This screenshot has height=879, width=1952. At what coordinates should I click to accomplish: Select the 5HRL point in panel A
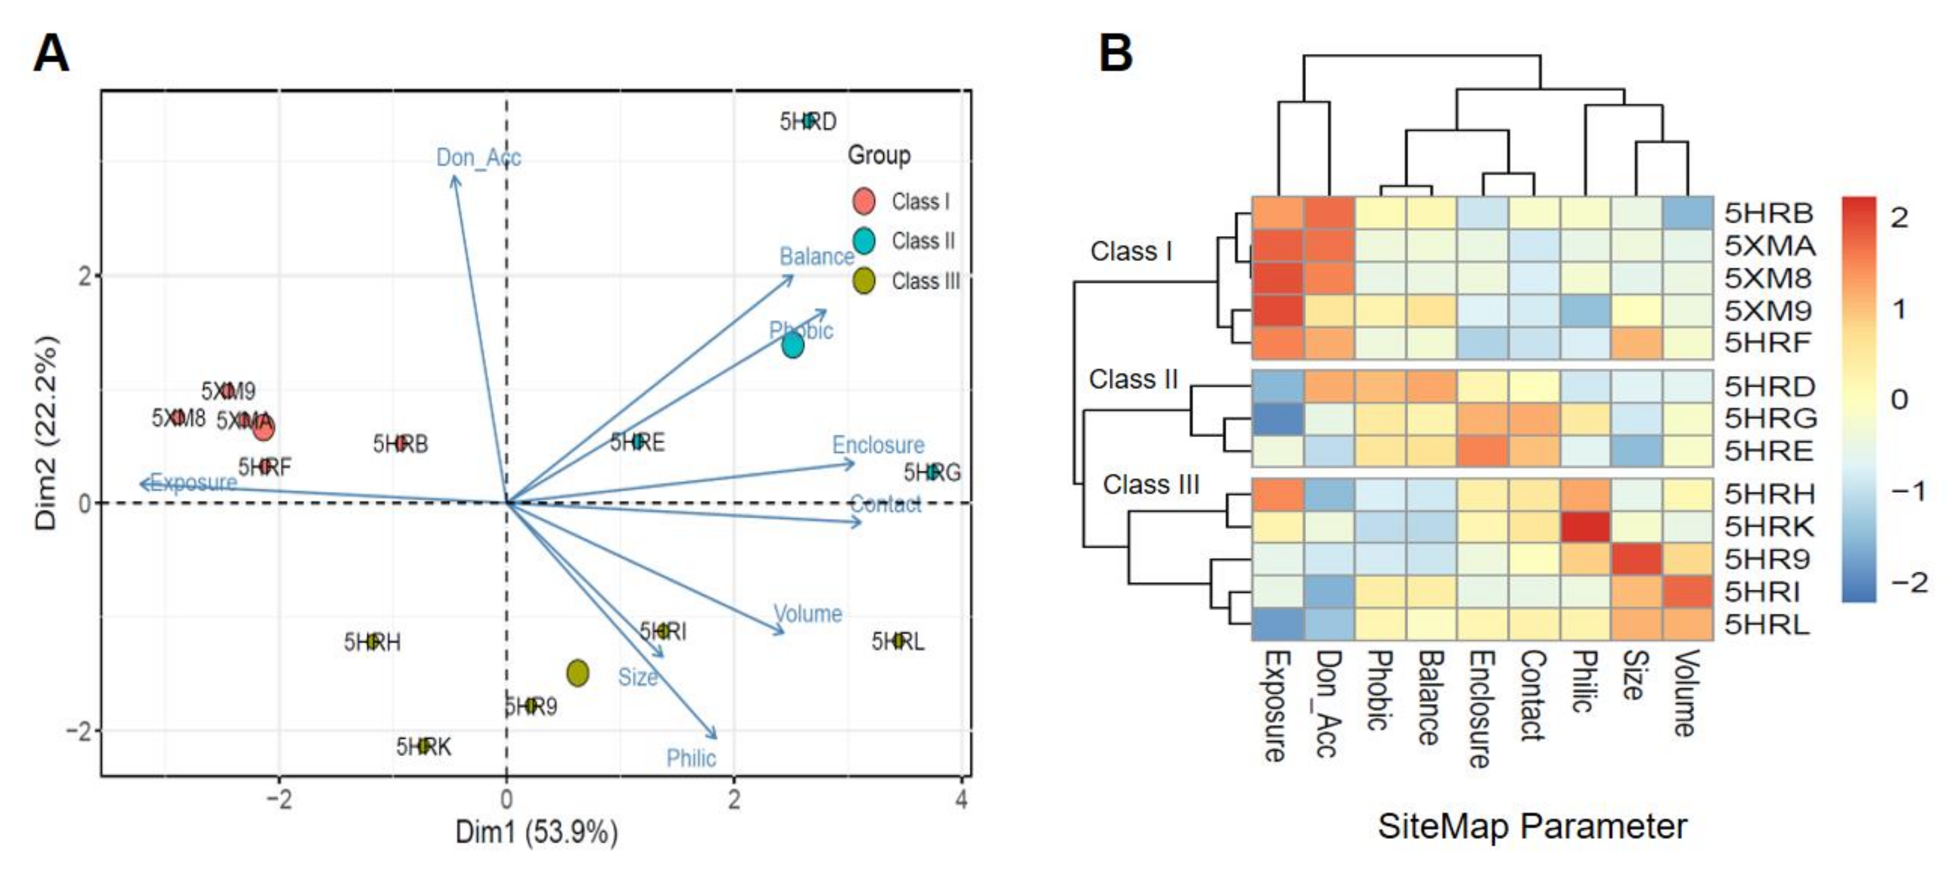899,641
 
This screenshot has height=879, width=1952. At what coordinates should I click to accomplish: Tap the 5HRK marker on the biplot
424,746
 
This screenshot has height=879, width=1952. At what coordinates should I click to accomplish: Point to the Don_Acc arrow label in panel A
478,157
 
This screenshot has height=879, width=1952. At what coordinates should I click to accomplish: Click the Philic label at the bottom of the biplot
690,758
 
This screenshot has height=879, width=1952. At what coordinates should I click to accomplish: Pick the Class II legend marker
864,241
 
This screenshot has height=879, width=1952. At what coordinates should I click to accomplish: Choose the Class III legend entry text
925,281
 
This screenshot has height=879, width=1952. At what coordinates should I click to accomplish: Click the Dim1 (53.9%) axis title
536,832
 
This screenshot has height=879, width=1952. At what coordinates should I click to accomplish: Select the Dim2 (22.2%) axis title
46,432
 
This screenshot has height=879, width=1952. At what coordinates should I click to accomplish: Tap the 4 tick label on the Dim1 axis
961,798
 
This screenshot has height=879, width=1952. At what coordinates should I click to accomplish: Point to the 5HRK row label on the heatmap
1769,526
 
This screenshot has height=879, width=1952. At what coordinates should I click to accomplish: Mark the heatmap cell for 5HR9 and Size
1637,559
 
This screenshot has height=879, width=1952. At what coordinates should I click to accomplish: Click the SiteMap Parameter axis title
1531,826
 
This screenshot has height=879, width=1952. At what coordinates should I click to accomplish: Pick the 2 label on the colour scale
1899,217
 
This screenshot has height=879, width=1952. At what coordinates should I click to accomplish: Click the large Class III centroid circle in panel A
578,672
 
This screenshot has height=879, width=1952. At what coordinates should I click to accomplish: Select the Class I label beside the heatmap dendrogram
1130,251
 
